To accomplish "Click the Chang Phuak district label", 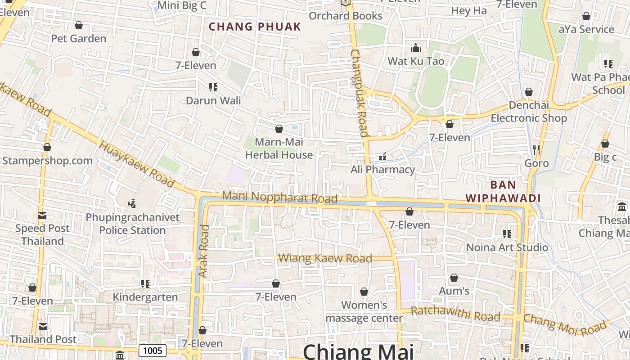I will click(x=255, y=27).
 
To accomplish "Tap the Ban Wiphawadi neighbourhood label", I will click(x=503, y=191).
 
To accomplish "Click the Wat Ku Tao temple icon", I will click(x=416, y=48).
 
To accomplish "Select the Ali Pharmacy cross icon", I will click(x=382, y=157).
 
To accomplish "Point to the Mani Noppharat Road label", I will click(x=279, y=197).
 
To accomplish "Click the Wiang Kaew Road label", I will click(x=325, y=258).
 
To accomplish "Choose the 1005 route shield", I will click(x=153, y=351).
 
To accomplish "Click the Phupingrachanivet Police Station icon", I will click(x=132, y=204).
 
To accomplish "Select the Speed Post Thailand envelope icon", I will click(x=42, y=215).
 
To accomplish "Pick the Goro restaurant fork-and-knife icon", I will click(x=536, y=149).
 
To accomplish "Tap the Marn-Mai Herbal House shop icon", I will click(x=279, y=129).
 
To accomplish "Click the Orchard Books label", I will click(x=346, y=16).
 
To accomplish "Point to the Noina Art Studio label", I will click(x=507, y=247).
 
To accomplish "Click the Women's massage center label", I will click(x=364, y=311).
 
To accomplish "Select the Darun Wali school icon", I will click(x=213, y=87).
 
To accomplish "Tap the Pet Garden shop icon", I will click(x=79, y=25).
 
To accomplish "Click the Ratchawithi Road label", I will click(x=455, y=314).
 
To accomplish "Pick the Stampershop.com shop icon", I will click(x=47, y=147).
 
